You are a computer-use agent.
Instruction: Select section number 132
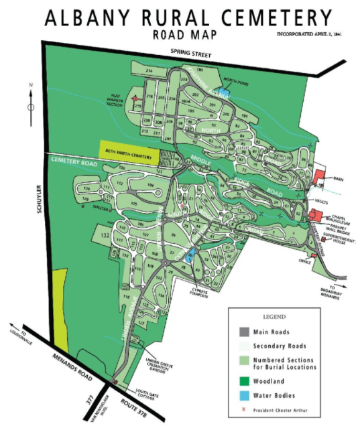tap(104, 236)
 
